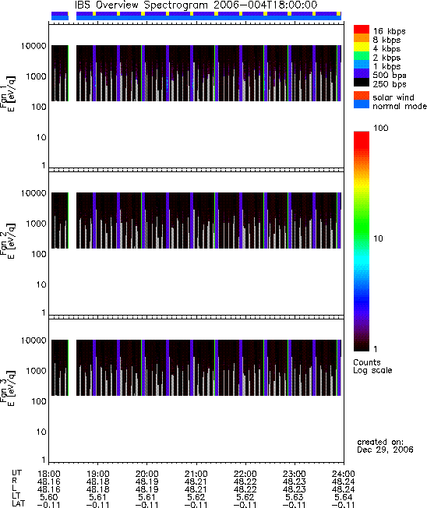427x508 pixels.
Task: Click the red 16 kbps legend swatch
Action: (x=362, y=29)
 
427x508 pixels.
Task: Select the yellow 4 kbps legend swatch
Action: (x=362, y=47)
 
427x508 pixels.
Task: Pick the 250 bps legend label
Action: (x=390, y=84)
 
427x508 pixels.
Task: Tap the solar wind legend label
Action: (x=393, y=97)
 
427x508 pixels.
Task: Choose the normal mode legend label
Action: (x=400, y=106)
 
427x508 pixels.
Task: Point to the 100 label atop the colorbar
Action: (x=381, y=128)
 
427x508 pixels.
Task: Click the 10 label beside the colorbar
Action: (x=379, y=238)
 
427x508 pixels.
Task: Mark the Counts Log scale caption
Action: (x=372, y=366)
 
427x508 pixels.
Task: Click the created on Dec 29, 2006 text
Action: (x=385, y=446)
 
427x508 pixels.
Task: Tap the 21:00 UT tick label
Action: (x=196, y=474)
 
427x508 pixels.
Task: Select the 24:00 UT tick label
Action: (x=344, y=474)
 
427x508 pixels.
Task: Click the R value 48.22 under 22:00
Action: (x=245, y=482)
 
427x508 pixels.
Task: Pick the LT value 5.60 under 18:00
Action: (x=48, y=497)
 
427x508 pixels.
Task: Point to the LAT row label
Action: (x=18, y=504)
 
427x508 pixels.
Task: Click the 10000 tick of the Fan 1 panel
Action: (x=34, y=46)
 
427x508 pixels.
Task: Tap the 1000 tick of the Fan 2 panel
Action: (x=37, y=224)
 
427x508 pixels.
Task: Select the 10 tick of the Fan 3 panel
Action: (x=41, y=432)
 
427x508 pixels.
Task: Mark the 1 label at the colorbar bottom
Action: (x=376, y=349)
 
